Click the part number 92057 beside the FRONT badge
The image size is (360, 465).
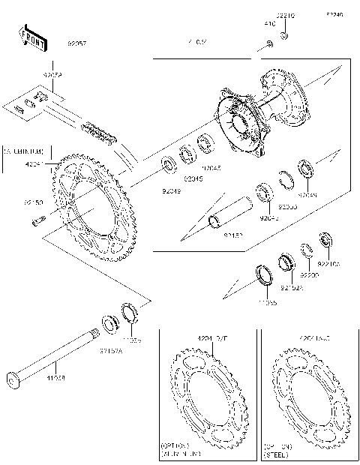click(77, 44)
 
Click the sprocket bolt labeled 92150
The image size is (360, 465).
click(37, 220)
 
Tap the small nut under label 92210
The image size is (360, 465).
click(285, 35)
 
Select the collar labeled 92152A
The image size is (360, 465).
click(285, 262)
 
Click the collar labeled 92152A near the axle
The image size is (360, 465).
click(109, 322)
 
